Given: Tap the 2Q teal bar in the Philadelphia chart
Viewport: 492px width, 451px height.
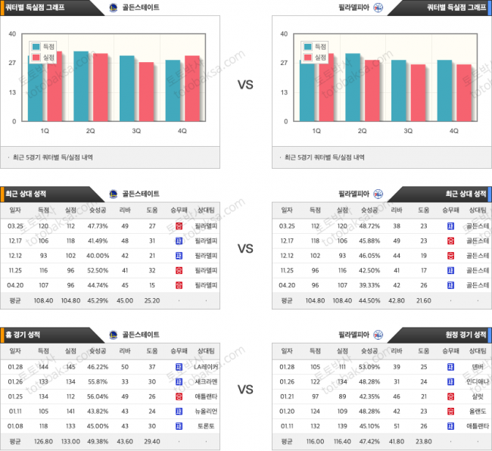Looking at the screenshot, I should (353, 87).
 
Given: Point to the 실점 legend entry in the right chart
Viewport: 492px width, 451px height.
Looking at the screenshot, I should (316, 58).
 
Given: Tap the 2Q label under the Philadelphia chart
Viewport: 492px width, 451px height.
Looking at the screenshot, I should (363, 131).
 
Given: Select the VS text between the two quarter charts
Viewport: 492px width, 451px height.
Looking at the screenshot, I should (245, 86).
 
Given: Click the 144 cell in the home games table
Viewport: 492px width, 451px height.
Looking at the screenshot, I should (43, 367).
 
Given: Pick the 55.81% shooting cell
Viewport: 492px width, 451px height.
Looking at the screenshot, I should (98, 381).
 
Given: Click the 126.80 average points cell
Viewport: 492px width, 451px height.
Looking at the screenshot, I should (43, 440).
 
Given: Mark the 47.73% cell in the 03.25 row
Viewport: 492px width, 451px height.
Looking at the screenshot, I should (98, 225).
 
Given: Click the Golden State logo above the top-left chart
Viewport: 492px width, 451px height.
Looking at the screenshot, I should (114, 8).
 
